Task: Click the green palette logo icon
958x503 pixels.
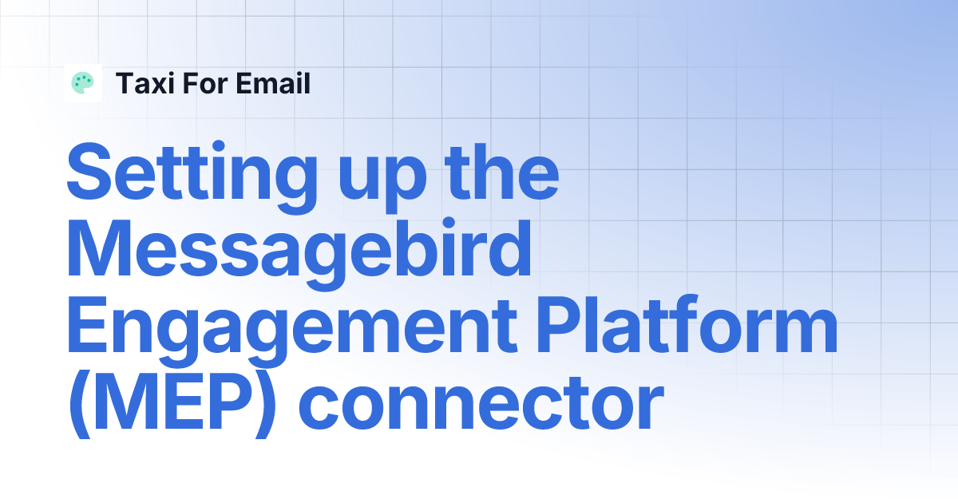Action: (82, 83)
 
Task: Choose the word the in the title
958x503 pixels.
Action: (503, 172)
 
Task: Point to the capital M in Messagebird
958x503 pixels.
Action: (101, 249)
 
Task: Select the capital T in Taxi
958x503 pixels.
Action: (125, 83)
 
